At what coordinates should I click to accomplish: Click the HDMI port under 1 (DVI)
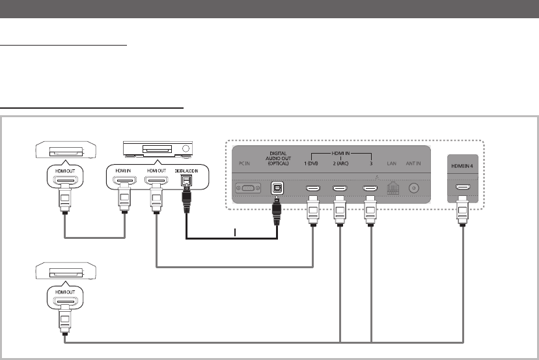click(312, 189)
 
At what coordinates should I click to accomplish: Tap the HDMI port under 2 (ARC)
click(340, 189)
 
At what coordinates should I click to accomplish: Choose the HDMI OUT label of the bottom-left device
click(64, 291)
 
